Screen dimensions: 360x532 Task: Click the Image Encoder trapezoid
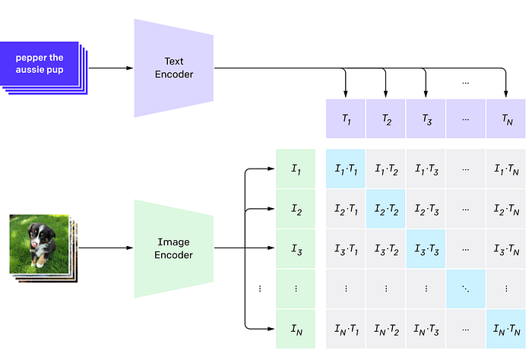pos(173,248)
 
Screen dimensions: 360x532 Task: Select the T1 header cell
pos(346,119)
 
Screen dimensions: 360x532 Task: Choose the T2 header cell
pos(386,119)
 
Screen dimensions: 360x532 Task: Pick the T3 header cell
pos(426,119)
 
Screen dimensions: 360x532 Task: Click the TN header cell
pos(506,119)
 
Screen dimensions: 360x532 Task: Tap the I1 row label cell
pos(295,169)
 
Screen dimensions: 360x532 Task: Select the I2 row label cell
pos(295,209)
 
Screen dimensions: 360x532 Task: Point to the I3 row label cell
pos(295,248)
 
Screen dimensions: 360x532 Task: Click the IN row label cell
pos(295,329)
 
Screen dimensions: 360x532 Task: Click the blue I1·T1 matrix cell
pos(346,169)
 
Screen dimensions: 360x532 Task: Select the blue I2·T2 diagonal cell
pos(386,209)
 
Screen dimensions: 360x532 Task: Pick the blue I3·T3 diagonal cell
pos(426,248)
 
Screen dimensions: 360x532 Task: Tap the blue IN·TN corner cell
pos(506,329)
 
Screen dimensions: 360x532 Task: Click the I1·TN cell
pos(506,169)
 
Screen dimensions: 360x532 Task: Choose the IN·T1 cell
pos(346,329)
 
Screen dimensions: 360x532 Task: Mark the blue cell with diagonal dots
pos(466,289)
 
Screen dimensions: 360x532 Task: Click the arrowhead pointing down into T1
pos(346,93)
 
